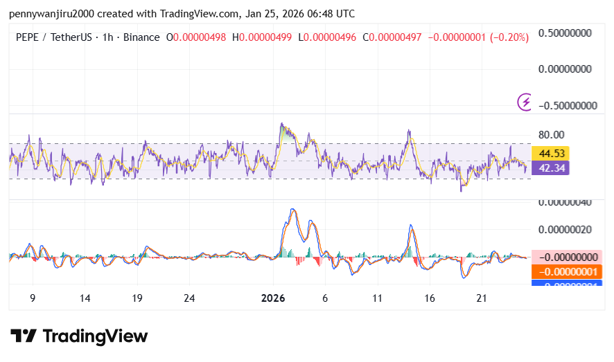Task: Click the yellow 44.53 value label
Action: pos(550,153)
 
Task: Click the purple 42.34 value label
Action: pos(550,167)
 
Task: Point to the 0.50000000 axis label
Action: pos(567,33)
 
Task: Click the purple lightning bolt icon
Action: pos(525,102)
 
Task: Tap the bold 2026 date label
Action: pos(273,298)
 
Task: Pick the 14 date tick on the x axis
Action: pos(85,298)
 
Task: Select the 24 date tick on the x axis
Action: pos(189,298)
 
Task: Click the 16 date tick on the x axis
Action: pos(430,298)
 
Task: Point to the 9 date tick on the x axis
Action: pos(33,298)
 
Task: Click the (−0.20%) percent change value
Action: pos(509,37)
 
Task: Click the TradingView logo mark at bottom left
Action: pos(24,336)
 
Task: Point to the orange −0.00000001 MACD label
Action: pos(567,271)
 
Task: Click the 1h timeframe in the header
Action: pos(107,37)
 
